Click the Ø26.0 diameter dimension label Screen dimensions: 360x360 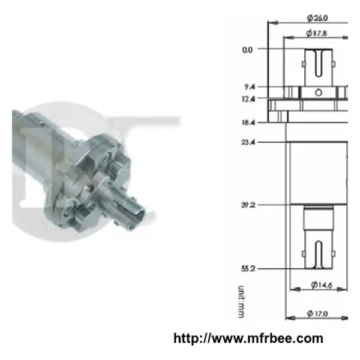pyautogui.click(x=317, y=18)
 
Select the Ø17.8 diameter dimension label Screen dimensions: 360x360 pyautogui.click(x=316, y=33)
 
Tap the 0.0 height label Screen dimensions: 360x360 pyautogui.click(x=247, y=50)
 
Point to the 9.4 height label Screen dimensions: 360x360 pyautogui.click(x=250, y=87)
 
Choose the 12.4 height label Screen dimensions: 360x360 pyautogui.click(x=248, y=99)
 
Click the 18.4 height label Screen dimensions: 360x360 pyautogui.click(x=248, y=122)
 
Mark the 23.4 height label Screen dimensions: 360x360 pyautogui.click(x=248, y=142)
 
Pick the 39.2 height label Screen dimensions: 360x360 pyautogui.click(x=248, y=205)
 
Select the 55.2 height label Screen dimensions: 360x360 pyautogui.click(x=248, y=269)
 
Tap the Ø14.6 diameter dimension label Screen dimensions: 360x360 pyautogui.click(x=322, y=285)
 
